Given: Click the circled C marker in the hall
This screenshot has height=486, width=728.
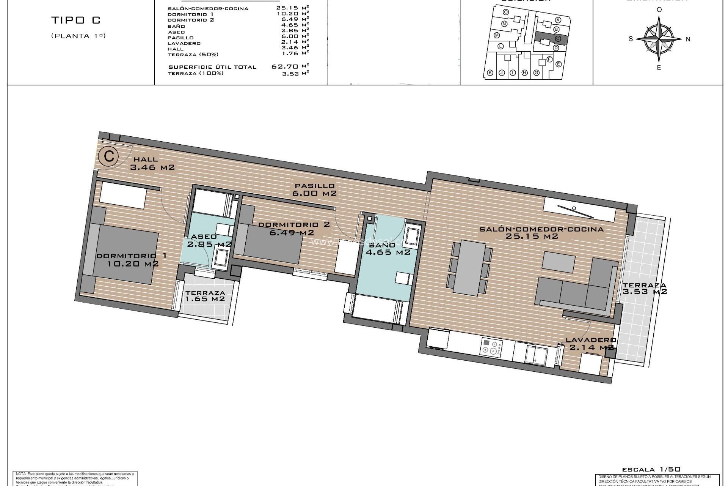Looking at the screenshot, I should (x=108, y=156).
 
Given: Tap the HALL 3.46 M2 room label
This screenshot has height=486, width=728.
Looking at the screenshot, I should (x=152, y=163).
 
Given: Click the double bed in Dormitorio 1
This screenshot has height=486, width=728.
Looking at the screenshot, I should (x=125, y=252).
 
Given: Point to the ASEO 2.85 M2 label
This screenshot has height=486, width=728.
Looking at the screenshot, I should (x=207, y=241).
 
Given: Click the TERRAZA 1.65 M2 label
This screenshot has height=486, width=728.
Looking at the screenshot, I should (x=205, y=296).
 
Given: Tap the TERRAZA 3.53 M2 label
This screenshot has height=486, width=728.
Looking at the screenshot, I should (x=645, y=289).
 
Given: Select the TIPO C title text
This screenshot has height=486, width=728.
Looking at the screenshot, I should (x=75, y=21).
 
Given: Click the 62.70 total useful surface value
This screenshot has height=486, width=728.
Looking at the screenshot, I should (x=285, y=66).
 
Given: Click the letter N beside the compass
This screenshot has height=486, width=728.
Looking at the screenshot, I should (x=688, y=39).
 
